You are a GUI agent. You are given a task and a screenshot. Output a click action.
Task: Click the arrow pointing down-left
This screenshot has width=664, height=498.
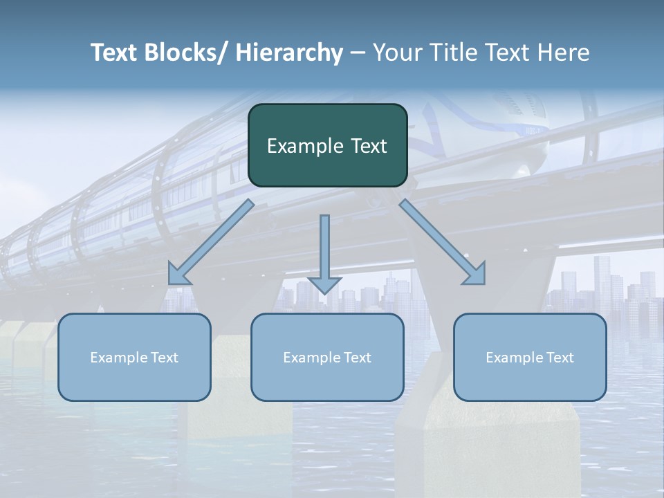[211, 243]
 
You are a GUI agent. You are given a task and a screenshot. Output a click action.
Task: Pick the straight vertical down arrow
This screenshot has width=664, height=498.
[324, 252]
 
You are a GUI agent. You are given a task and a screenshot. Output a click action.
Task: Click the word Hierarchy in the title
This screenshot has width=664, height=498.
[289, 53]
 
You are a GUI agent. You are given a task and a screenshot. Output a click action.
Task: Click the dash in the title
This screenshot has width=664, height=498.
[358, 53]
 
